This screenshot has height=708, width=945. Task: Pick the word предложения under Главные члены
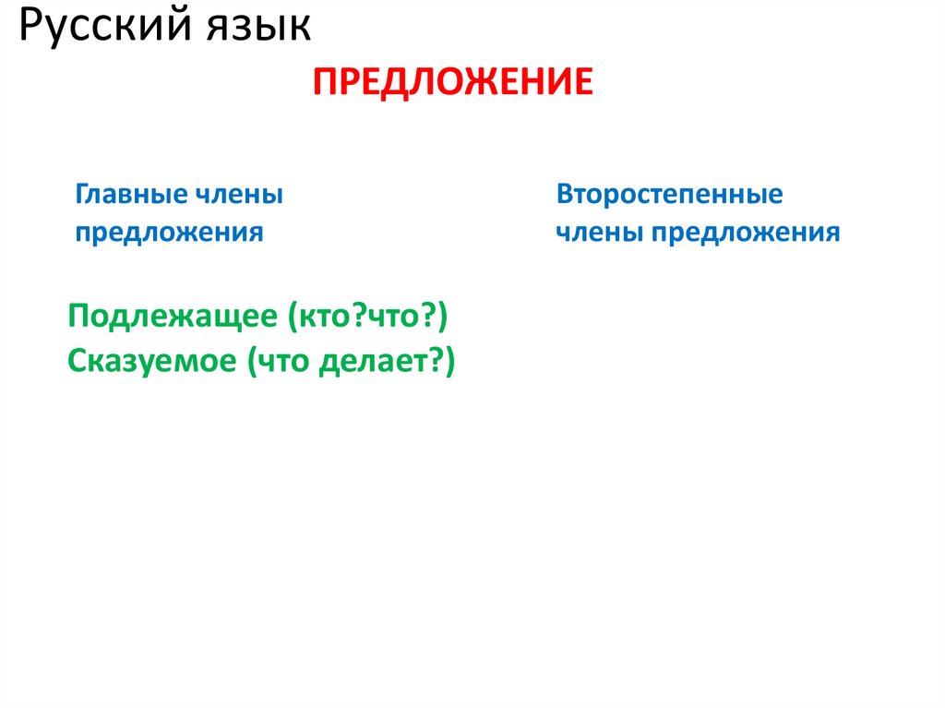[x=169, y=232]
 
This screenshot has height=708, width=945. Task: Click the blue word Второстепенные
[x=669, y=195]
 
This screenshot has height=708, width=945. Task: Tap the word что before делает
[x=284, y=361]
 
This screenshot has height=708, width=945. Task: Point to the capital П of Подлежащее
[x=78, y=318]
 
